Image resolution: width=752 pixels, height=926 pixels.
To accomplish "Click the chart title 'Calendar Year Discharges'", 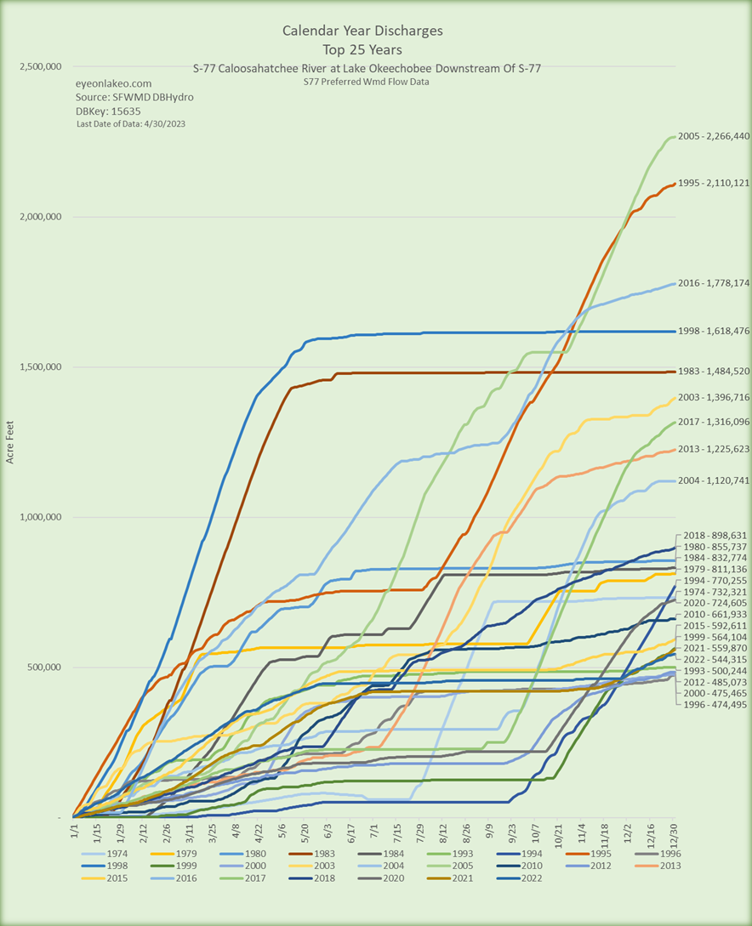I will coord(362,31).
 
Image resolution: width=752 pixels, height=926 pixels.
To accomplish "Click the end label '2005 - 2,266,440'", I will coord(713,137).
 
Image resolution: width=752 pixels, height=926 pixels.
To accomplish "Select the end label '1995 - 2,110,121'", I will coord(713,183).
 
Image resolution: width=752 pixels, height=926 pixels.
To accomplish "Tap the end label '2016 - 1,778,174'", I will coord(713,283).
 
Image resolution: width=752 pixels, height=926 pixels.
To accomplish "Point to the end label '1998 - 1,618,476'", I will coord(713,331).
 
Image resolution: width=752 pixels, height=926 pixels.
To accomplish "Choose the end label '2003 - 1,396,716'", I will coord(713,397).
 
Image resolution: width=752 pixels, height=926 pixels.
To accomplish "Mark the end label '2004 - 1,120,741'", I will coord(713,480).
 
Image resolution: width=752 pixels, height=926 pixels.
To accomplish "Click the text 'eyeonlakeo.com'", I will coord(114,84).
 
